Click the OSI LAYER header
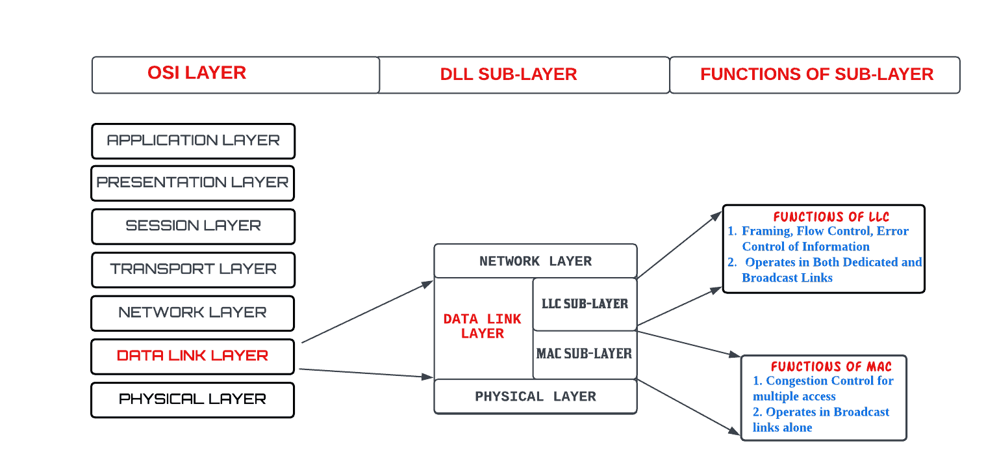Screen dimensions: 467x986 point(197,73)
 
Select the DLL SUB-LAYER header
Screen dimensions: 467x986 point(509,75)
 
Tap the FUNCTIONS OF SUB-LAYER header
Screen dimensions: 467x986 point(816,75)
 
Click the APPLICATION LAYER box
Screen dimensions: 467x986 point(193,140)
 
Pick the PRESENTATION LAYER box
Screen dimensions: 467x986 point(193,183)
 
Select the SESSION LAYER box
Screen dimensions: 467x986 point(193,226)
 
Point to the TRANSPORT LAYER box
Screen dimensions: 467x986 point(193,269)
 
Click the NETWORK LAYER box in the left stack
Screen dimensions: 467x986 point(193,313)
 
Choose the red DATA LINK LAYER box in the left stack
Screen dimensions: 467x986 point(193,356)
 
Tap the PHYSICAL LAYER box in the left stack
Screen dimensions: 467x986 point(193,399)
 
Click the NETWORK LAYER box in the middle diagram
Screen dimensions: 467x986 point(535,261)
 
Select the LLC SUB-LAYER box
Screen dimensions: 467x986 point(585,304)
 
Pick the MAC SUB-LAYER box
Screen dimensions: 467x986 point(584,354)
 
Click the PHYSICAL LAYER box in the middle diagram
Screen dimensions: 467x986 point(535,397)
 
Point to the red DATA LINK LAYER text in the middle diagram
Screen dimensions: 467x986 point(483,327)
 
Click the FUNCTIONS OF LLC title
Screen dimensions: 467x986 point(831,217)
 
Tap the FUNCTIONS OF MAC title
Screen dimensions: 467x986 point(831,367)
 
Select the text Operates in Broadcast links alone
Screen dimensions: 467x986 point(820,420)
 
